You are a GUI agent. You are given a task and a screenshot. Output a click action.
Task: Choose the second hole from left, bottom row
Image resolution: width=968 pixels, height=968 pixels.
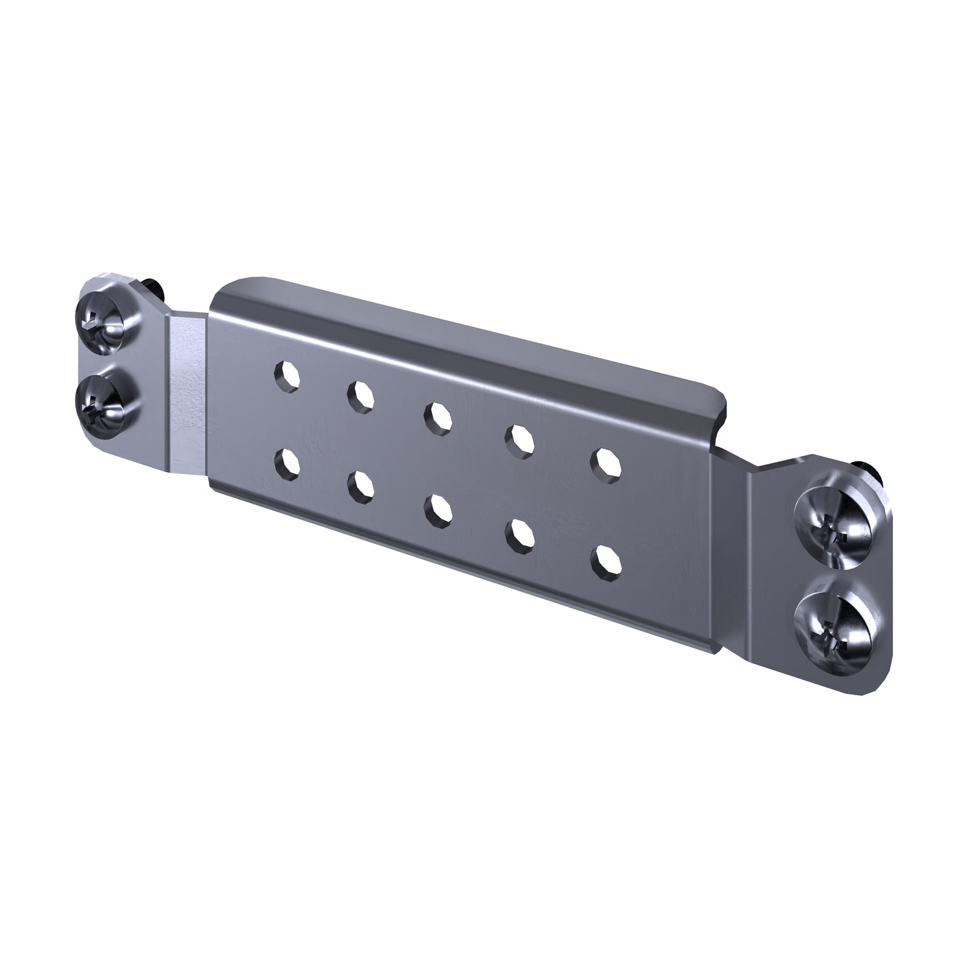point(361,485)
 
